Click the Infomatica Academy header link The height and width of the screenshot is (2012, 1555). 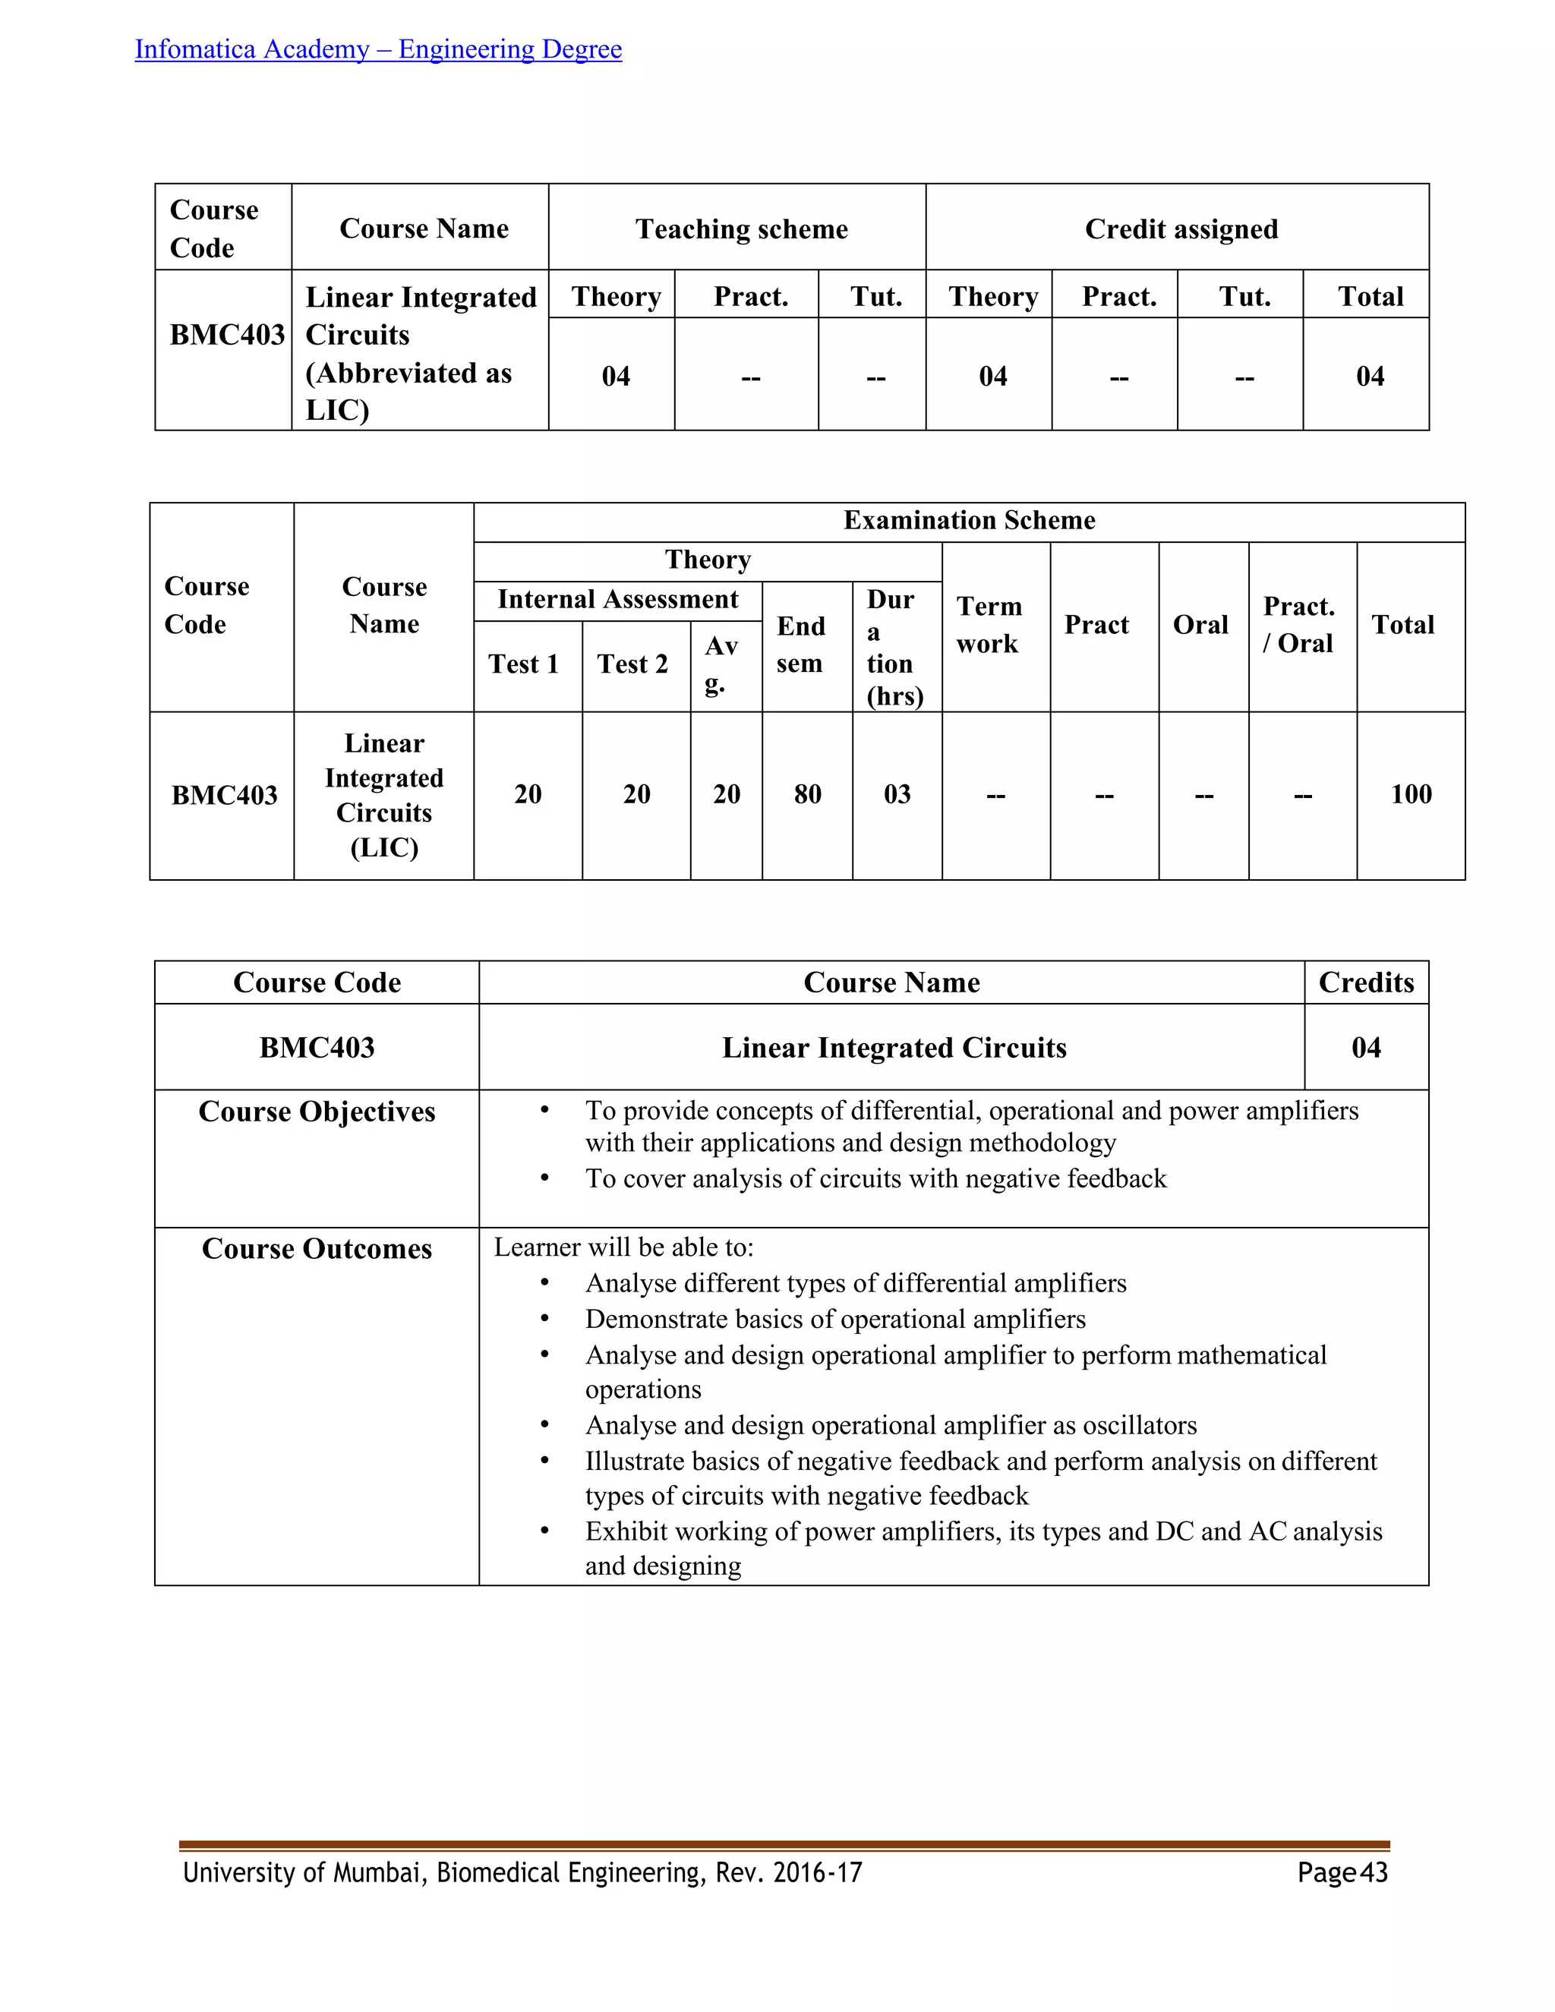tap(377, 49)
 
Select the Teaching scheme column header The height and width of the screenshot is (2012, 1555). tap(742, 229)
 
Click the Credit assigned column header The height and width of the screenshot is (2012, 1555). tap(1181, 229)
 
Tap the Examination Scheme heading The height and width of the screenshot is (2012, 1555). tap(969, 521)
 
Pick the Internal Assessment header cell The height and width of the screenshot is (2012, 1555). tap(617, 600)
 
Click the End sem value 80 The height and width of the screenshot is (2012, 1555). tap(807, 794)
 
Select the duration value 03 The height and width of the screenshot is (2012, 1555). tap(897, 794)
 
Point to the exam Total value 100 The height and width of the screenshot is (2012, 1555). tap(1411, 794)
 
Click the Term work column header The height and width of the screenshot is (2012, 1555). tap(989, 625)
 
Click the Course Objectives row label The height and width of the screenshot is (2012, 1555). tap(317, 1112)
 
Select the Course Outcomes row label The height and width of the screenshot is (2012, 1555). tap(317, 1249)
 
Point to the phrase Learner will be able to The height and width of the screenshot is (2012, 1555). tap(623, 1247)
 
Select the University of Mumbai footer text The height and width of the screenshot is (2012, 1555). tap(522, 1873)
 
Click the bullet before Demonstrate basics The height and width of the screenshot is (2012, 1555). tap(544, 1320)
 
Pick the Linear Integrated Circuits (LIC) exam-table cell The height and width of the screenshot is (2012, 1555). tap(384, 795)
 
